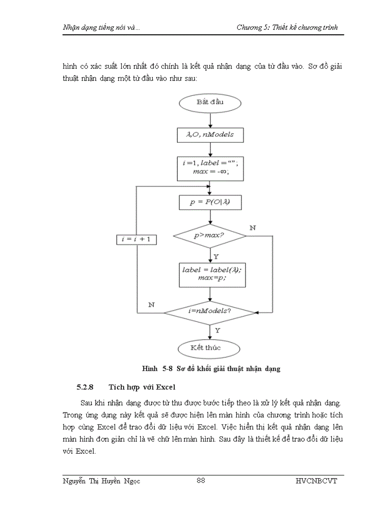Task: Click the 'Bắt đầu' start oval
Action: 210,102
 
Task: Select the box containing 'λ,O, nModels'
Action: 210,135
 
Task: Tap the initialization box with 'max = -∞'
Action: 210,168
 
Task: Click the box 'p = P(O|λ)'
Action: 210,202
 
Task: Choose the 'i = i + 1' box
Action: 136,239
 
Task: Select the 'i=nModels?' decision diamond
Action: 210,311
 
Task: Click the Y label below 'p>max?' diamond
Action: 216,256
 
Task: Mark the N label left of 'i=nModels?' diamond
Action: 151,304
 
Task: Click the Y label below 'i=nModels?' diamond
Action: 217,330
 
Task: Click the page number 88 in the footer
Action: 201,481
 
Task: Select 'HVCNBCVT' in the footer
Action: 316,481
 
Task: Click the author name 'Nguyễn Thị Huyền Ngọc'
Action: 101,481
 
